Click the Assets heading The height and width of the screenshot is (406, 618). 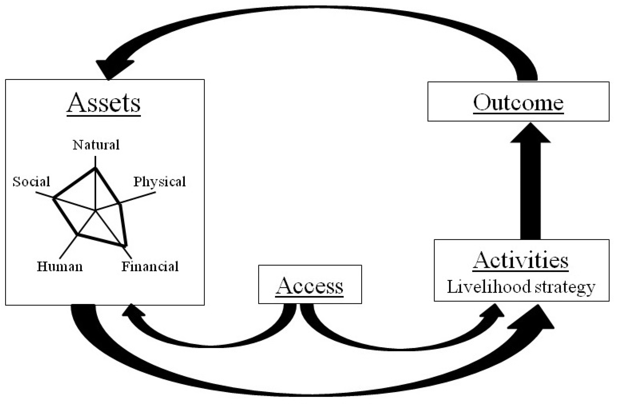103,103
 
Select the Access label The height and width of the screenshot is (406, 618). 309,286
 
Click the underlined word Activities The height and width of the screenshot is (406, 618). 520,260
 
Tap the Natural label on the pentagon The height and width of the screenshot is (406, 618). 96,145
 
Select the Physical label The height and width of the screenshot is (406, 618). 159,182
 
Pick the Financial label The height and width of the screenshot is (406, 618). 150,266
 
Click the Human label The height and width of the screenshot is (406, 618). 60,266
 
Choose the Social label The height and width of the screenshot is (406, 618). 31,182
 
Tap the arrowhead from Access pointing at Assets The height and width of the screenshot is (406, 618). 132,311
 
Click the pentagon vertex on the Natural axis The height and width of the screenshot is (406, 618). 95,168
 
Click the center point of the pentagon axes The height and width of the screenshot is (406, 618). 95,211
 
